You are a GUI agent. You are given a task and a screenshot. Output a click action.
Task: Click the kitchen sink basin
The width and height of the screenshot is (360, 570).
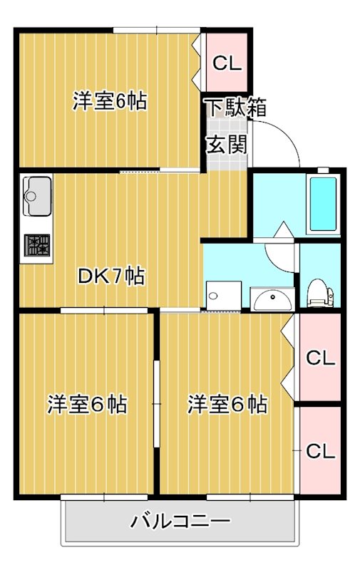click(x=37, y=196)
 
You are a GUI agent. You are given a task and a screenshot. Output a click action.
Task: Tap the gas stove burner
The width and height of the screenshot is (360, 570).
click(x=37, y=245)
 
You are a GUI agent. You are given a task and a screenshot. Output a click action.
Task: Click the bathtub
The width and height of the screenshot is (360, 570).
click(x=323, y=204)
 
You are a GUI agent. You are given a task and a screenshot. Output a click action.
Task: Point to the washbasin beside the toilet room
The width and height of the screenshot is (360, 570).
click(x=273, y=299)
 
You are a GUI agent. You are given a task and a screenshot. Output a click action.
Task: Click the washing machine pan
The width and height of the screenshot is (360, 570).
click(x=224, y=296)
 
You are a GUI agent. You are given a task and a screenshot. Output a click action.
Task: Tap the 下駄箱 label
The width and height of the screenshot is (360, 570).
click(x=237, y=108)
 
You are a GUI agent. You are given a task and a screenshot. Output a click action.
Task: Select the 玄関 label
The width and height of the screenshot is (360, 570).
click(x=227, y=145)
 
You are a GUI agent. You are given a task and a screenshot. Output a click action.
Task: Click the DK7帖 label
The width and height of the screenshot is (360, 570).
click(x=111, y=276)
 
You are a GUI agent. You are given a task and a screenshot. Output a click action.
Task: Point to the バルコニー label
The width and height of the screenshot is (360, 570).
click(x=181, y=522)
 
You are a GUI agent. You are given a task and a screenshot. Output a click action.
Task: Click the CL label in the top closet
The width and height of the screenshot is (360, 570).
click(x=227, y=63)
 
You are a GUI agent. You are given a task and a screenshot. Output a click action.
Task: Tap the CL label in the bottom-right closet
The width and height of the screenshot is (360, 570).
click(x=320, y=451)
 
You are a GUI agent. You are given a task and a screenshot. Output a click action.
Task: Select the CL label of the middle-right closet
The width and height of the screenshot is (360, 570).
click(x=320, y=358)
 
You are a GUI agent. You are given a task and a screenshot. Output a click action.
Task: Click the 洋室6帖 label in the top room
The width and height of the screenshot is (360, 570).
click(x=110, y=101)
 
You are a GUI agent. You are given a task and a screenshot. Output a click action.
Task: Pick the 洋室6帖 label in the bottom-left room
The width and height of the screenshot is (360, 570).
click(x=87, y=404)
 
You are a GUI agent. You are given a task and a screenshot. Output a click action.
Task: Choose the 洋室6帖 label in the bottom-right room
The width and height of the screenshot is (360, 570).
click(x=227, y=404)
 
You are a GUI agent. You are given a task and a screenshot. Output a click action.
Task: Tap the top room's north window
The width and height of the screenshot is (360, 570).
click(x=157, y=30)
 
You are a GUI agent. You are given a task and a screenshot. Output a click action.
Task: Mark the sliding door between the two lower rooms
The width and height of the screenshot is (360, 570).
click(x=157, y=403)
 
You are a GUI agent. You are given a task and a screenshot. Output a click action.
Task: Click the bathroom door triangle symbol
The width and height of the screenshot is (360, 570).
click(x=284, y=229)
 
